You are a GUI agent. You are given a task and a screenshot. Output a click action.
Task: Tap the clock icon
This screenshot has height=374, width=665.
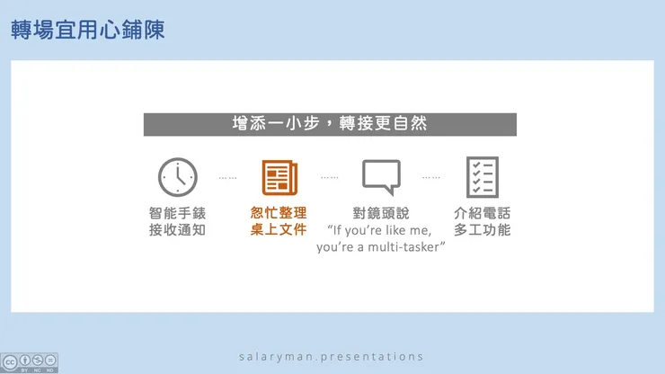coord(177,177)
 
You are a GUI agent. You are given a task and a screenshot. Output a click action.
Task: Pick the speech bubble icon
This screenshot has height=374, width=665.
coord(380,177)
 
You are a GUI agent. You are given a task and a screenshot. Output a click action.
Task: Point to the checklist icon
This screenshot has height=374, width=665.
coord(482,177)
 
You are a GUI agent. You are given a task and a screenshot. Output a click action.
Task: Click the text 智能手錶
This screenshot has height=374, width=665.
coord(177,213)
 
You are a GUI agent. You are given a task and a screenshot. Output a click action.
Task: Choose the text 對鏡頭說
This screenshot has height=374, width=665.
coord(380,213)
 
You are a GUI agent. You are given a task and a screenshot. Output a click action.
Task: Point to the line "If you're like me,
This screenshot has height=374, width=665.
coord(380,230)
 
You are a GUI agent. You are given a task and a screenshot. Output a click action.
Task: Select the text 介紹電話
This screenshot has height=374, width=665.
coord(482,213)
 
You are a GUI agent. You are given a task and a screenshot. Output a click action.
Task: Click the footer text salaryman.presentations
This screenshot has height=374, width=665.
coord(331,356)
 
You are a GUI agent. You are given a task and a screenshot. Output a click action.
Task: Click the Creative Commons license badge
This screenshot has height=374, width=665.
coord(30,361)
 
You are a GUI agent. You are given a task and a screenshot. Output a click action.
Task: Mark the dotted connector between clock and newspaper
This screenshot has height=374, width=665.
coord(227,178)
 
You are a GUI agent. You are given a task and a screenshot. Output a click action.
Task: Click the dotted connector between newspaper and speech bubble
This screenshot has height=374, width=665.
coord(329,178)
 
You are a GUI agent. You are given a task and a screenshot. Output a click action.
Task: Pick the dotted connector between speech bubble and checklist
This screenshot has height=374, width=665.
coord(431,178)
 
